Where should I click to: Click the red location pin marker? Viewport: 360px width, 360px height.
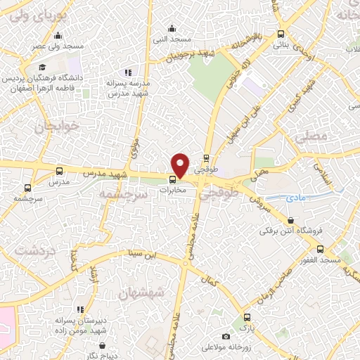click(x=180, y=165)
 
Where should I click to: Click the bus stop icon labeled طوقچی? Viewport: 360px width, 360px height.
click(x=206, y=158)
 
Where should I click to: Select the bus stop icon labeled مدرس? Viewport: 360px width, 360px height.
click(x=60, y=171)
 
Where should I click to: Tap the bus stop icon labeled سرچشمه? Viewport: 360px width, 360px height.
click(x=27, y=188)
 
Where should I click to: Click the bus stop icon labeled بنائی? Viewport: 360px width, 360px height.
click(x=281, y=34)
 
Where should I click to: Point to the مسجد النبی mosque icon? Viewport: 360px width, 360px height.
click(x=172, y=28)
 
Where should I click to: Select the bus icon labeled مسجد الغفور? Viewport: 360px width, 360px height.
click(x=321, y=249)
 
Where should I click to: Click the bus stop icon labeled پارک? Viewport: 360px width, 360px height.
click(x=247, y=318)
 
